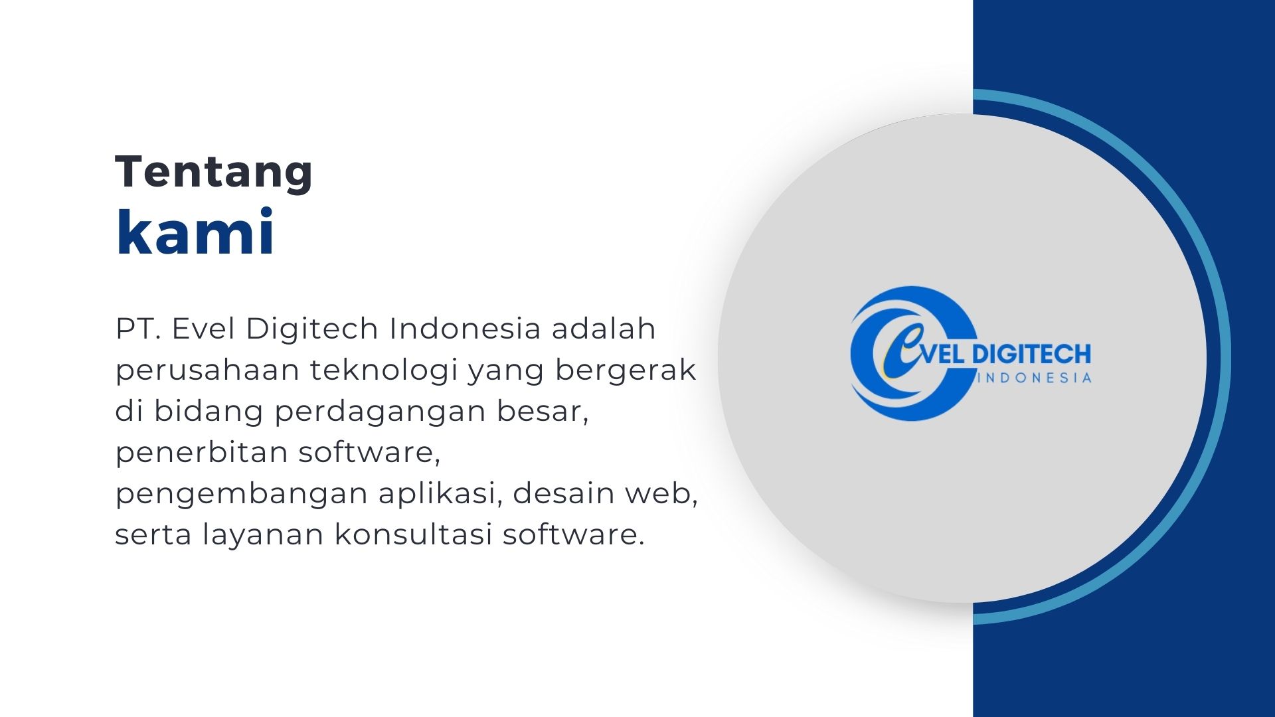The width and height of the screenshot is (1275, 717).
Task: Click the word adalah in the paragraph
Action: [x=604, y=329]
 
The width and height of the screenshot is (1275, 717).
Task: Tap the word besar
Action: [x=543, y=412]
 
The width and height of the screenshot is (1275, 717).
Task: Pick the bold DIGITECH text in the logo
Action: [x=1031, y=354]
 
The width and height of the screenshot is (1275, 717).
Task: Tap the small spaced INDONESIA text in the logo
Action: [x=1036, y=378]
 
